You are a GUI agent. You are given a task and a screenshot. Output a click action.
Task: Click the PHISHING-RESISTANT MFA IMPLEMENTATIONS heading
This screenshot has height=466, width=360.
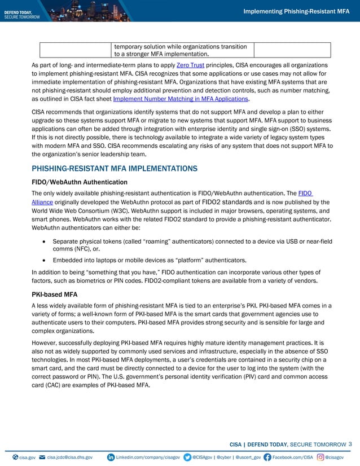pyautogui.click(x=115, y=168)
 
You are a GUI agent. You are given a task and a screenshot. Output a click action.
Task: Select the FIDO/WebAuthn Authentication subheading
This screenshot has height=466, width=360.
pyautogui.click(x=80, y=182)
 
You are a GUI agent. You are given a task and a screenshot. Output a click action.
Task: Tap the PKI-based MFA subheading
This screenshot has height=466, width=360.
pyautogui.click(x=56, y=294)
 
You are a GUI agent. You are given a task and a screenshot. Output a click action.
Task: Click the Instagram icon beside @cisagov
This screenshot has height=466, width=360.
pyautogui.click(x=321, y=456)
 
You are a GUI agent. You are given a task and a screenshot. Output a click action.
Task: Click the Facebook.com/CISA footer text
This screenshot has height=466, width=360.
pyautogui.click(x=292, y=456)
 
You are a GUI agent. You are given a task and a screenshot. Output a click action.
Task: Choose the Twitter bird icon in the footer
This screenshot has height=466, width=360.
pyautogui.click(x=187, y=456)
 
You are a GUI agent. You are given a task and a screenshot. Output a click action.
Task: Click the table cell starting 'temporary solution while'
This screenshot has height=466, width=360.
pyautogui.click(x=181, y=50)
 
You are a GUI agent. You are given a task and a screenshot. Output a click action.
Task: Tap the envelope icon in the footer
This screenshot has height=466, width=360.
pyautogui.click(x=42, y=456)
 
